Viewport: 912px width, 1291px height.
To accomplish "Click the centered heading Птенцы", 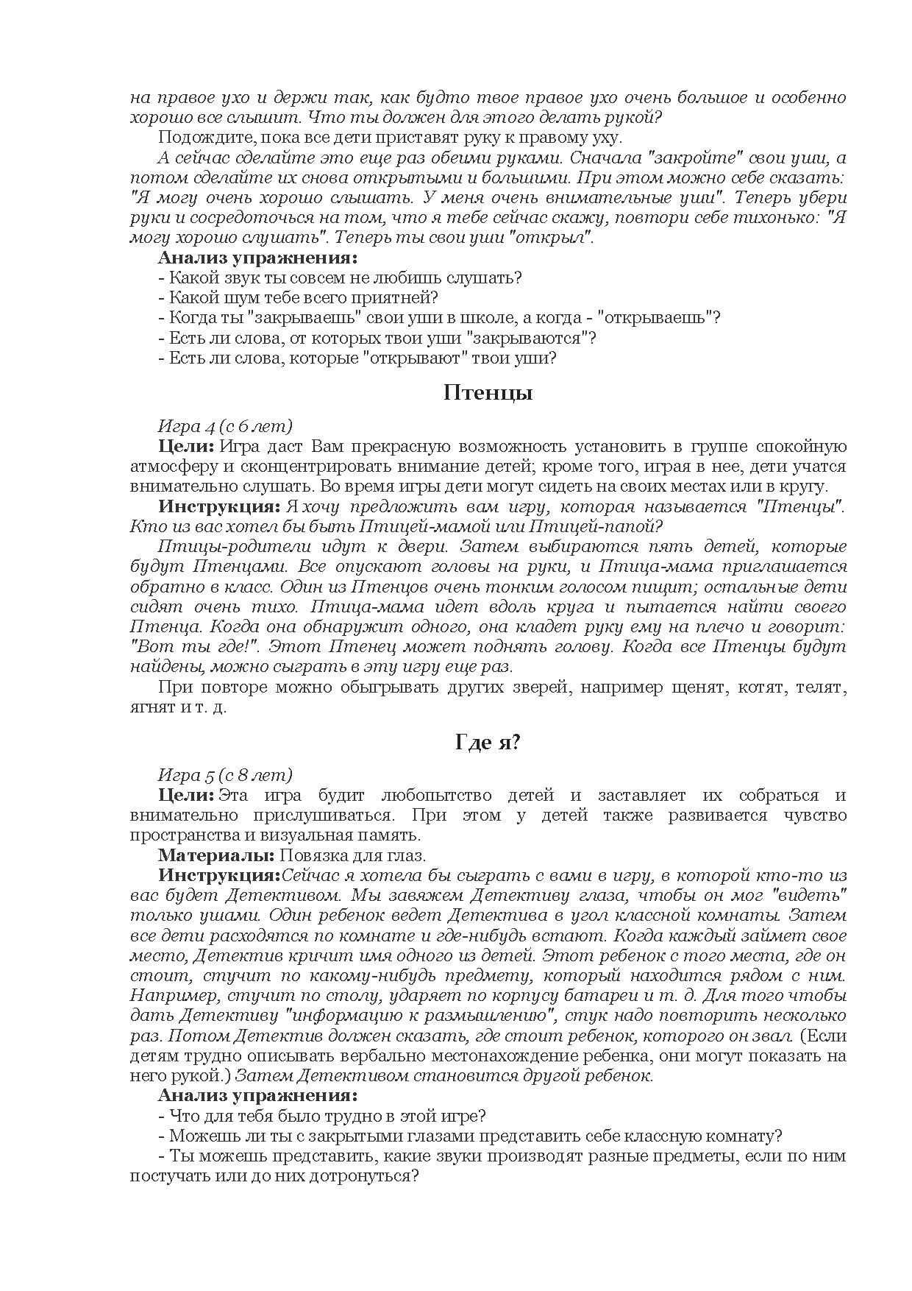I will pyautogui.click(x=488, y=393).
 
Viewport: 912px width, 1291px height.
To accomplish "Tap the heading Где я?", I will pyautogui.click(x=488, y=743).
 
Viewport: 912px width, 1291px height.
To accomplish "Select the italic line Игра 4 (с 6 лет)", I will pyautogui.click(x=225, y=426).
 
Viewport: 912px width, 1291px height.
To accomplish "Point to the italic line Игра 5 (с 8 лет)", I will pyautogui.click(x=225, y=775).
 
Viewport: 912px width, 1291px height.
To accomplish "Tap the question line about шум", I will pyautogui.click(x=298, y=298).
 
